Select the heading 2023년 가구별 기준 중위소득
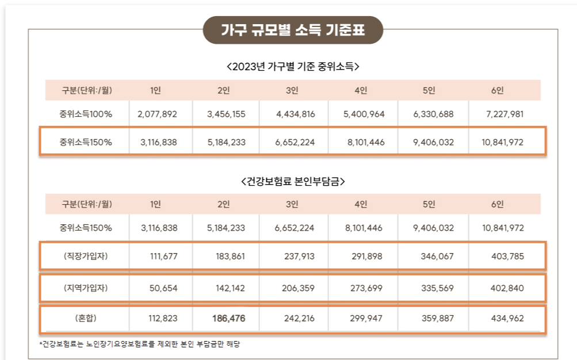(x=293, y=66)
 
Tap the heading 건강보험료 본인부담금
(x=293, y=181)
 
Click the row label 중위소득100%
(x=86, y=114)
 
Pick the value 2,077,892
(x=157, y=114)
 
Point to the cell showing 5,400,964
(x=364, y=114)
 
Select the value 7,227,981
(x=505, y=114)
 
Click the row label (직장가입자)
(x=86, y=256)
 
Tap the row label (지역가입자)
(x=86, y=288)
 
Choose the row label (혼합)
(x=86, y=319)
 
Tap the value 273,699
(x=366, y=288)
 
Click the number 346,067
(x=435, y=256)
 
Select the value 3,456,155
(x=226, y=114)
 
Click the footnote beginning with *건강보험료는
(x=139, y=344)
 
